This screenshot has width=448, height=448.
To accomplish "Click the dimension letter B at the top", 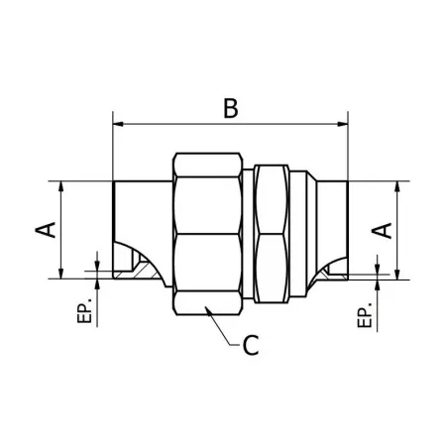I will [230, 107].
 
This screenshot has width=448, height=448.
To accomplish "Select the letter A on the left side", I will [44, 230].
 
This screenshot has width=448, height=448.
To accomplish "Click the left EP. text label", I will [86, 309].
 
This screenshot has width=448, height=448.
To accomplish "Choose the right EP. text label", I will [365, 309].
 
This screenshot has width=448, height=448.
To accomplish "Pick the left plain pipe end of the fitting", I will [137, 213].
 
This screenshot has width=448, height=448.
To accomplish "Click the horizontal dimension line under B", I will [178, 125].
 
